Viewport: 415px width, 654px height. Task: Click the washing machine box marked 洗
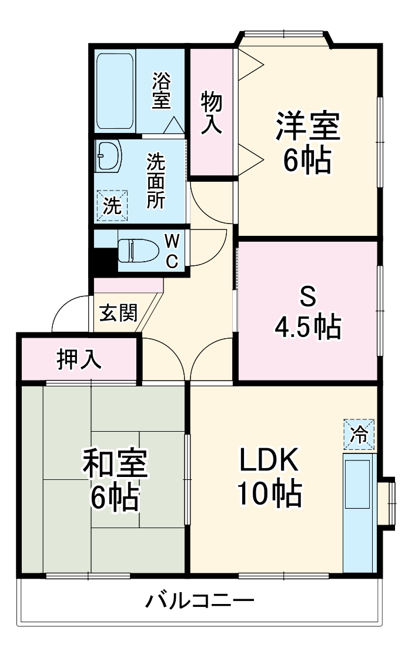pyautogui.click(x=112, y=205)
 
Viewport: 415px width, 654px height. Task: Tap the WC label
pyautogui.click(x=172, y=251)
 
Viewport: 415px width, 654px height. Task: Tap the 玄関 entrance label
pyautogui.click(x=118, y=313)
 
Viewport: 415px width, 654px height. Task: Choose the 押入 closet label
pyautogui.click(x=79, y=359)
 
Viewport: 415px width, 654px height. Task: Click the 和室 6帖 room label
pyautogui.click(x=115, y=479)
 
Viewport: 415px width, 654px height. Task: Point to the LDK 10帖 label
pyautogui.click(x=270, y=477)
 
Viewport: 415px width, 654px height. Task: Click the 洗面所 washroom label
pyautogui.click(x=156, y=181)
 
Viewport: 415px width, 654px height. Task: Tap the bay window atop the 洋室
pyautogui.click(x=285, y=36)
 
